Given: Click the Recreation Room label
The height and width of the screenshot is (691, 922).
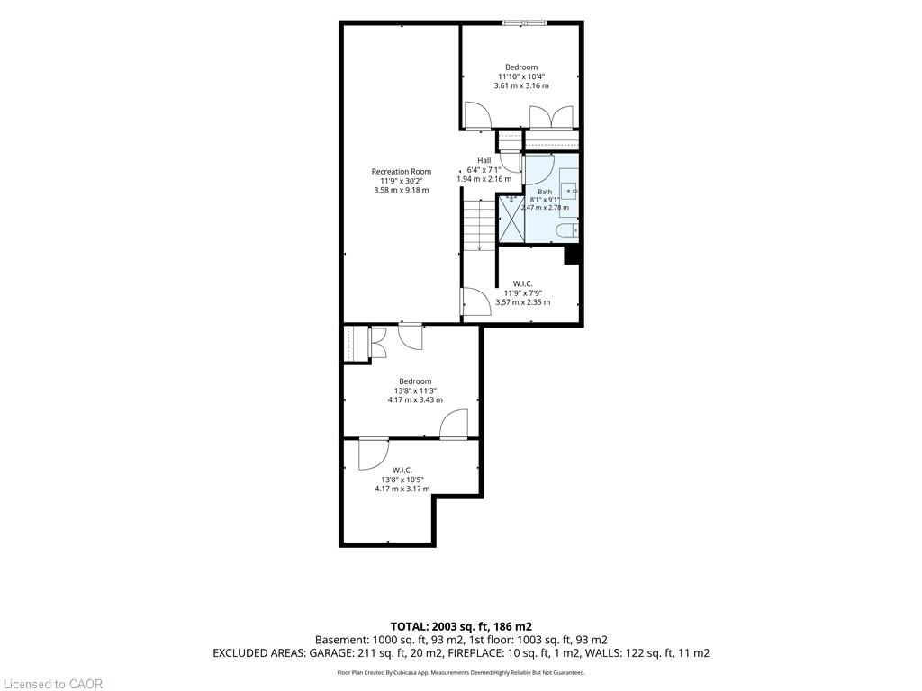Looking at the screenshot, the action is pyautogui.click(x=401, y=172).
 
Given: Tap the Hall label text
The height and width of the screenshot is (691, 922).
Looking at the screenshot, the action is pyautogui.click(x=484, y=160).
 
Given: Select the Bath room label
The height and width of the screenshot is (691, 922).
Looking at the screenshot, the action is pyautogui.click(x=545, y=192).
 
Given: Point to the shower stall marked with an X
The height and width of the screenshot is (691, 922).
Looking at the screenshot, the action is pyautogui.click(x=511, y=218).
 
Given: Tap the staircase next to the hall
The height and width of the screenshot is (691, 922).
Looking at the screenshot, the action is pyautogui.click(x=480, y=225).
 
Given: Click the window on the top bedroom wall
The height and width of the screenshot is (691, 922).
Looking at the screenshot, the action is pyautogui.click(x=525, y=22).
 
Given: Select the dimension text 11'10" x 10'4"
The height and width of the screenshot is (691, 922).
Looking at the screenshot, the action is pyautogui.click(x=521, y=76).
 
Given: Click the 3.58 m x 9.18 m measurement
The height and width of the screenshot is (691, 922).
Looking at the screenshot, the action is pyautogui.click(x=401, y=190).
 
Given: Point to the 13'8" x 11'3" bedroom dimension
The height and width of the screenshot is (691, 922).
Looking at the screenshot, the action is pyautogui.click(x=415, y=390).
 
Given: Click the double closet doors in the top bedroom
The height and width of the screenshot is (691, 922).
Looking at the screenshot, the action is pyautogui.click(x=551, y=118).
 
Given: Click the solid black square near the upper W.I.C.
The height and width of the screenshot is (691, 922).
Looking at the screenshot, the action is pyautogui.click(x=572, y=255).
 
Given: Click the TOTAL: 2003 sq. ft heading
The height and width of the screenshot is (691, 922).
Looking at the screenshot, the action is pyautogui.click(x=461, y=626).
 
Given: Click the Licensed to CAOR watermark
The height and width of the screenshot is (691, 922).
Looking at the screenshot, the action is pyautogui.click(x=53, y=684).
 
